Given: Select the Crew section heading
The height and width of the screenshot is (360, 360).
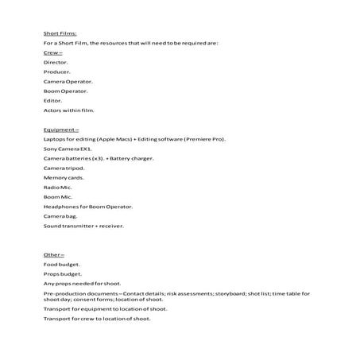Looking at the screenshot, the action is pyautogui.click(x=52, y=52).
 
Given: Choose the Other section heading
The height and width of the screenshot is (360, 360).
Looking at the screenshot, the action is pyautogui.click(x=53, y=254).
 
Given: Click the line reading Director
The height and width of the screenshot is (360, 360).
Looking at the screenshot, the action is pyautogui.click(x=56, y=61).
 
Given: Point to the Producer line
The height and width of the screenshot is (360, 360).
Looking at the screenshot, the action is pyautogui.click(x=57, y=72).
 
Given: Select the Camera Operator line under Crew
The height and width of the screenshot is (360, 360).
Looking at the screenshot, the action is pyautogui.click(x=68, y=81).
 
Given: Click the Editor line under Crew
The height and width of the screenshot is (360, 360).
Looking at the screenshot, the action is pyautogui.click(x=52, y=100).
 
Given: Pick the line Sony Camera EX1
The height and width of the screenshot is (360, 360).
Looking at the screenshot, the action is pyautogui.click(x=68, y=149).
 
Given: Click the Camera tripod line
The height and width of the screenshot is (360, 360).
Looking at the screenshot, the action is pyautogui.click(x=64, y=168).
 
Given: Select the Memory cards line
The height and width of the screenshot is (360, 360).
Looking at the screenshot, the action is pyautogui.click(x=64, y=177).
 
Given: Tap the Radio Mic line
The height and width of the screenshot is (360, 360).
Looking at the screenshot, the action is pyautogui.click(x=58, y=187).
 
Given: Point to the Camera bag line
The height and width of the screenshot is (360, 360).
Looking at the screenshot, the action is pyautogui.click(x=60, y=215).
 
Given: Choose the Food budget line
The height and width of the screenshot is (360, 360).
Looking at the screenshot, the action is pyautogui.click(x=62, y=263).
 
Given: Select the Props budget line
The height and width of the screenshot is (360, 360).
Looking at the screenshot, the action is pyautogui.click(x=63, y=273).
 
